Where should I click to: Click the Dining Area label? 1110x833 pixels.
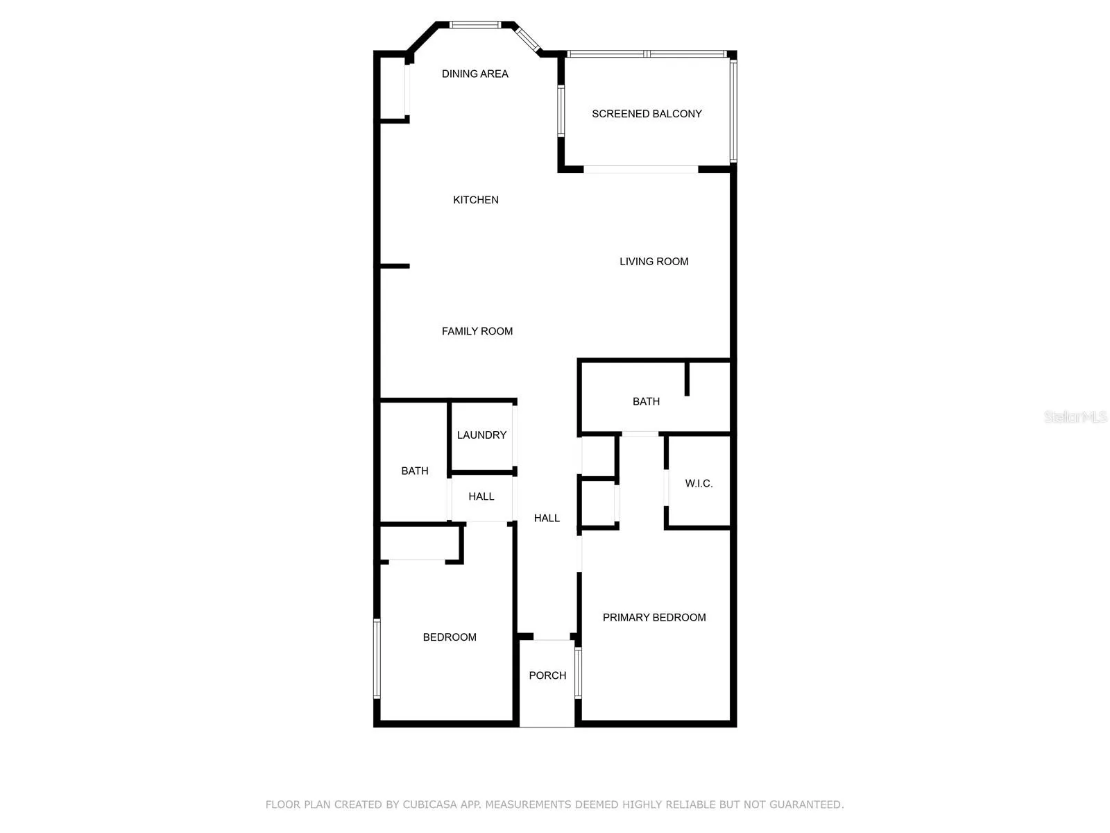pos(475,74)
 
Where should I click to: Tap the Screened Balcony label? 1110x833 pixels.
pos(647,114)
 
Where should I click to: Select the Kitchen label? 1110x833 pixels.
pos(475,200)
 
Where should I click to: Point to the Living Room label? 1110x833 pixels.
pos(654,262)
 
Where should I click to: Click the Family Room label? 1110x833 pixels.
pos(477,331)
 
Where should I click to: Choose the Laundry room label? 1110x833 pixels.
pos(481,435)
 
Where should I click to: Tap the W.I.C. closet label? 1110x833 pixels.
pos(699,483)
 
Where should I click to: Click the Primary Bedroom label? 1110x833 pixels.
pos(654,617)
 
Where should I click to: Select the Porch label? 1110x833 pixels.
pos(547,675)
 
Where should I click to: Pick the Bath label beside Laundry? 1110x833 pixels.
pos(415,471)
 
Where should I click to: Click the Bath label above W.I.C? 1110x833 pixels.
pos(646,401)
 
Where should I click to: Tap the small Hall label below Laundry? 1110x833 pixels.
pos(481,496)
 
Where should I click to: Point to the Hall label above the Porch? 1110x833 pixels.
pos(547,518)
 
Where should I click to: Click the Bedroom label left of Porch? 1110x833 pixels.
pos(450,637)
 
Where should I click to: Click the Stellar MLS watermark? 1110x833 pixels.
pos(1075,416)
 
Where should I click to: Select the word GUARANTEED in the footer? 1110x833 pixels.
pos(806,805)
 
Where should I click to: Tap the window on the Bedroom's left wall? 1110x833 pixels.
pos(377,658)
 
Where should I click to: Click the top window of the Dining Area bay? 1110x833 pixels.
pos(475,25)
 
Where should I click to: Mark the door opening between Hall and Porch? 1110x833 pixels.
pos(552,637)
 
